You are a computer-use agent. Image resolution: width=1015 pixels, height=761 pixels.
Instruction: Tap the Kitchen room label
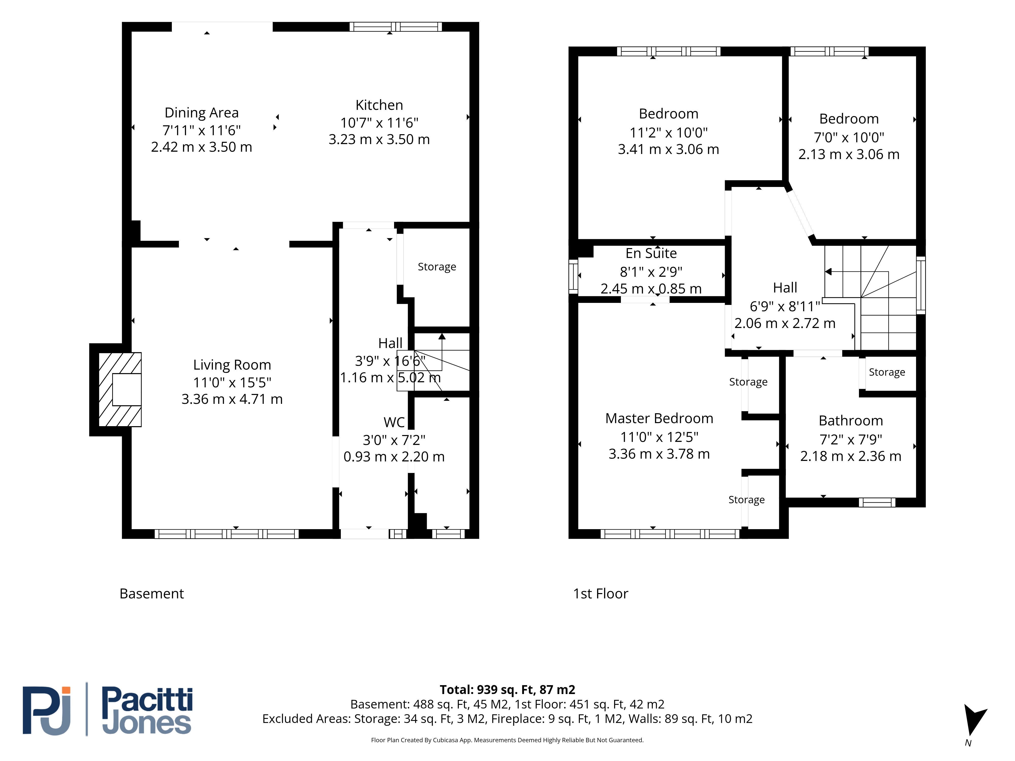click(x=379, y=105)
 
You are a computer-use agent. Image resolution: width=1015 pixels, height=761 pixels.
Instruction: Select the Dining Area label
click(x=201, y=113)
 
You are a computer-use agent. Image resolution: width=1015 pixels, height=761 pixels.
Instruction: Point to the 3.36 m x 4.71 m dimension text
click(x=232, y=399)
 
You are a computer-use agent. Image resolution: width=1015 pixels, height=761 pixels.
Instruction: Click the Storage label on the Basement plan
click(x=437, y=267)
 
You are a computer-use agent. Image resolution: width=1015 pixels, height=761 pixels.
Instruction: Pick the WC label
click(x=394, y=422)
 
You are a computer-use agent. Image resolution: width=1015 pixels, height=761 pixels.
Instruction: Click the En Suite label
click(x=651, y=253)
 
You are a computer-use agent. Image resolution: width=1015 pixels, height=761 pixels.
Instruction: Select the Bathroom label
click(x=851, y=421)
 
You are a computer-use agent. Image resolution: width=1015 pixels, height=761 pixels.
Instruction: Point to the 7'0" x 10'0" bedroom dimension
click(x=849, y=137)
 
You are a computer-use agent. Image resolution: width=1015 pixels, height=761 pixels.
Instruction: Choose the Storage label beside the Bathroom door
click(x=887, y=372)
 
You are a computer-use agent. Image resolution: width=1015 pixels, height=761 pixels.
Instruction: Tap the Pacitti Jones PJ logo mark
click(x=47, y=711)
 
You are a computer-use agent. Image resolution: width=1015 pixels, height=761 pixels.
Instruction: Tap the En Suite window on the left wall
click(x=573, y=276)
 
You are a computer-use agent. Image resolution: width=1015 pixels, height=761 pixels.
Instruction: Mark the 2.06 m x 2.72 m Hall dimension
click(x=785, y=323)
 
